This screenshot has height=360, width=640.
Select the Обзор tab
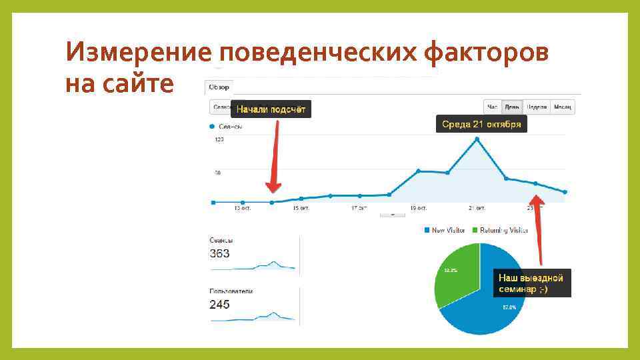219,87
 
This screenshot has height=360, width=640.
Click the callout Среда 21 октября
481,125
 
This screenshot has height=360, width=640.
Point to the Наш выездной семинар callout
531,283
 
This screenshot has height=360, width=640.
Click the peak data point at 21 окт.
477,139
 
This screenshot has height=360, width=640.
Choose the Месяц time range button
563,107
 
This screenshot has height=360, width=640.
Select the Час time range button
493,107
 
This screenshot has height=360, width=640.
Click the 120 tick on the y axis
219,140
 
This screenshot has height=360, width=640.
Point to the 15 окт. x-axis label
300,209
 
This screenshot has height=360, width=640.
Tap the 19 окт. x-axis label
418,209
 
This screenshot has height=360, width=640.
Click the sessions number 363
219,253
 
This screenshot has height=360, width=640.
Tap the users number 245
219,304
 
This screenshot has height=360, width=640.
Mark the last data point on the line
565,192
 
